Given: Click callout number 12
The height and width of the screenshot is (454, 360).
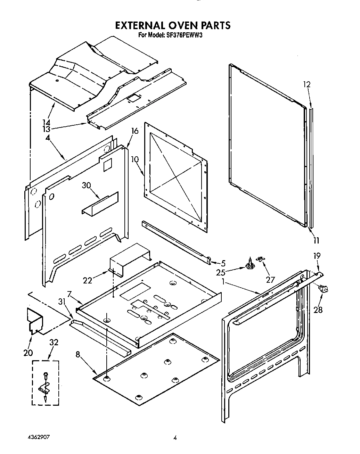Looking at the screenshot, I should click(x=306, y=84).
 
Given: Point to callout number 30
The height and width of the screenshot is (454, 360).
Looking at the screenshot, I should click(x=87, y=185).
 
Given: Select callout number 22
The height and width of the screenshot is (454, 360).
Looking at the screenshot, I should click(x=88, y=280).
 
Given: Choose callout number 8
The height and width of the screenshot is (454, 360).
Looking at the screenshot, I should click(x=78, y=355).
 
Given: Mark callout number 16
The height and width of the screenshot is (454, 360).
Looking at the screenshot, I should click(x=134, y=131).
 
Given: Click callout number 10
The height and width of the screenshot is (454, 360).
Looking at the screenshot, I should click(x=135, y=159).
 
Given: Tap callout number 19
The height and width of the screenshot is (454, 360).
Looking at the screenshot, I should click(x=317, y=256).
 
